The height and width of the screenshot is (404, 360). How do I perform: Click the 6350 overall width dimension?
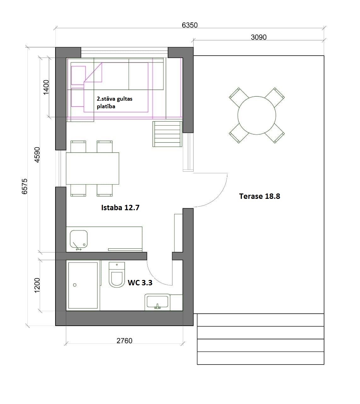click(189, 25)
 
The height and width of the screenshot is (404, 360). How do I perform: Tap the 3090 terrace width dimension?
click(258, 37)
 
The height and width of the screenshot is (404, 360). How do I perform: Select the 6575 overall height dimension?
click(25, 186)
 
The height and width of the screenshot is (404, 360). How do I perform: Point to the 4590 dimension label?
click(37, 155)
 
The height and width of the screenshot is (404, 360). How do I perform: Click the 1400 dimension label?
click(46, 87)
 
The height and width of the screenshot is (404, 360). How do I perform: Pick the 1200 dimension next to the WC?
click(37, 285)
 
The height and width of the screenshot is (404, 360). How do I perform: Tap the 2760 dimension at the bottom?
click(124, 341)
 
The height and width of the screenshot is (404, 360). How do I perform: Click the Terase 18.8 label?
click(259, 196)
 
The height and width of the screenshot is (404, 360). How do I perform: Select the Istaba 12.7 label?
click(120, 208)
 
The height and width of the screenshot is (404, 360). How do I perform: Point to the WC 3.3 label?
click(140, 282)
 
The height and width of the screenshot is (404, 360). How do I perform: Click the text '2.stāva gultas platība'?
click(114, 103)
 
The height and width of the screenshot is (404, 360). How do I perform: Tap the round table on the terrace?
click(257, 115)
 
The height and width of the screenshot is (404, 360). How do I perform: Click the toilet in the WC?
click(117, 275)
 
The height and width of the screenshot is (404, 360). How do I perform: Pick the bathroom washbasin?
click(157, 302)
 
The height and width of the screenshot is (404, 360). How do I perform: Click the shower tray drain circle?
click(75, 285)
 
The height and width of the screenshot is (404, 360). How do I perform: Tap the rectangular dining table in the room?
click(92, 169)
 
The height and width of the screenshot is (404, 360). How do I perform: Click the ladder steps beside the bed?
click(167, 134)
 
